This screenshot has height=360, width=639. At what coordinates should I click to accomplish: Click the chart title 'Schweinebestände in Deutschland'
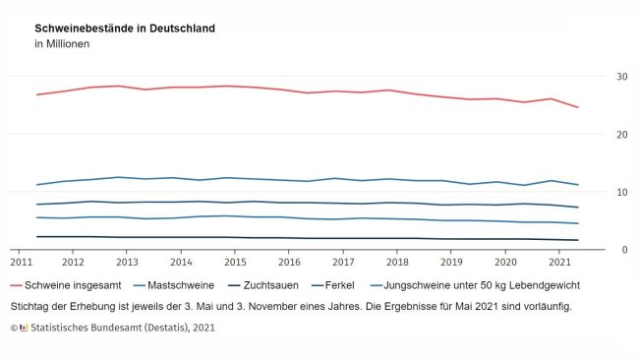125,29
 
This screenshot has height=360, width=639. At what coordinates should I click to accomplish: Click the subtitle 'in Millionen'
62,44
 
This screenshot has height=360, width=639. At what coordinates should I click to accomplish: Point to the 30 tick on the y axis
622,77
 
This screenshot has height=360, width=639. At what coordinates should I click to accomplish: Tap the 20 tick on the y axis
622,135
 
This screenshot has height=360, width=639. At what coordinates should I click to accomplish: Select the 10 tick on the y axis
622,193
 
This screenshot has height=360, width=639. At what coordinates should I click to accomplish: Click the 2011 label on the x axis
20,264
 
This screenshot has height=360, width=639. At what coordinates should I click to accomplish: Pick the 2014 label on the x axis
180,264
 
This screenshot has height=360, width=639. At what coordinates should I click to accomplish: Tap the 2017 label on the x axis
342,264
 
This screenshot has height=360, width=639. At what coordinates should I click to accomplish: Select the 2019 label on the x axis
450,264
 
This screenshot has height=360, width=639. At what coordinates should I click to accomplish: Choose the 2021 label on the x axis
558,264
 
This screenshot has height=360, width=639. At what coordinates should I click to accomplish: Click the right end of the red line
577,107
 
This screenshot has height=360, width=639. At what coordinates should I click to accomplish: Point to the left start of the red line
36,94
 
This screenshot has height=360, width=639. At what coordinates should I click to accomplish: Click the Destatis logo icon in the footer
24,327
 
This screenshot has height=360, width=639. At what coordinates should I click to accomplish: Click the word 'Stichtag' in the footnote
31,306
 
